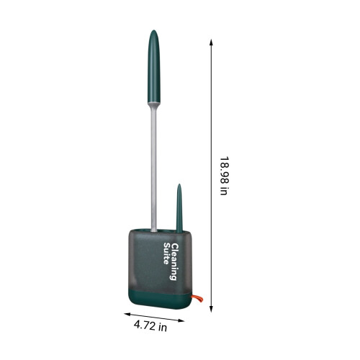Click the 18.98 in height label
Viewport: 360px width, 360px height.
pyautogui.click(x=224, y=176)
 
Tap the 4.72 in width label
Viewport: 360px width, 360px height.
pyautogui.click(x=150, y=326)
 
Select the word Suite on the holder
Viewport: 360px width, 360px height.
pyautogui.click(x=166, y=253)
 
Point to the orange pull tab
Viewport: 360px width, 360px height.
pyautogui.click(x=197, y=298)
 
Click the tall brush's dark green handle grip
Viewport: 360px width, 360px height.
pyautogui.click(x=154, y=66)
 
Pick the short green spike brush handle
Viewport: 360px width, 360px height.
pyautogui.click(x=179, y=209)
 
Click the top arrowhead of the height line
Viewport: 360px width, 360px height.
pyautogui.click(x=211, y=42)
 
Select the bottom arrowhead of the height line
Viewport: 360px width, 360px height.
pyautogui.click(x=211, y=309)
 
